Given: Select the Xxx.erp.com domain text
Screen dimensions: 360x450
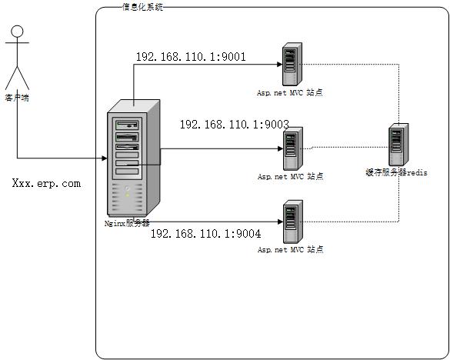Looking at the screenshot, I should pyautogui.click(x=46, y=184).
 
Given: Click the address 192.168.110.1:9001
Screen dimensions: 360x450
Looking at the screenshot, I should pyautogui.click(x=191, y=57).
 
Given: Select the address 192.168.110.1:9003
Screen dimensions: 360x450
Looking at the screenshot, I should pyautogui.click(x=234, y=124).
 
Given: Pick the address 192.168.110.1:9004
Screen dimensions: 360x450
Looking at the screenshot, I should pyautogui.click(x=205, y=233).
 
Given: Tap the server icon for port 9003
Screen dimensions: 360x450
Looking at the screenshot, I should pyautogui.click(x=290, y=148).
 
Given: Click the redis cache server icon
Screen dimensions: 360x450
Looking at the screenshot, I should pyautogui.click(x=398, y=145).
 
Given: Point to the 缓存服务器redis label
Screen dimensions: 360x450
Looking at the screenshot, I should pyautogui.click(x=396, y=173).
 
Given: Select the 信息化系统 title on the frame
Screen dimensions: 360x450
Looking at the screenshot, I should pyautogui.click(x=142, y=7).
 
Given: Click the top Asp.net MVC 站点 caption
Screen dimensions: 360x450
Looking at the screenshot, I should pyautogui.click(x=290, y=92).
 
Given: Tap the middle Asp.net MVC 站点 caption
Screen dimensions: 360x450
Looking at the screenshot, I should pyautogui.click(x=290, y=176).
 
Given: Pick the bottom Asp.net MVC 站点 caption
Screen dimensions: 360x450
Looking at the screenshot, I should pyautogui.click(x=290, y=250).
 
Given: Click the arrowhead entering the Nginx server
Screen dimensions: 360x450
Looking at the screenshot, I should pyautogui.click(x=104, y=159).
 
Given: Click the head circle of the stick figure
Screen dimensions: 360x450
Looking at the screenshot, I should pyautogui.click(x=17, y=32).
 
